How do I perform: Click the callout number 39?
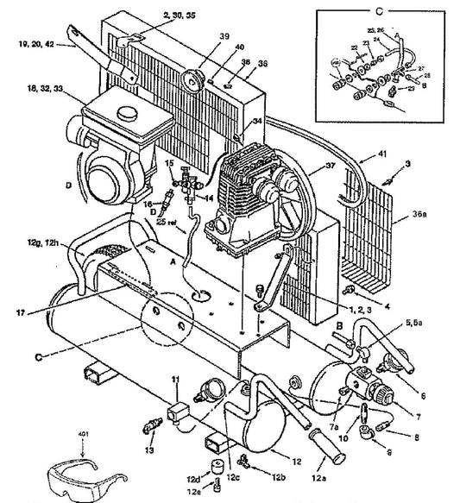click(199, 36)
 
